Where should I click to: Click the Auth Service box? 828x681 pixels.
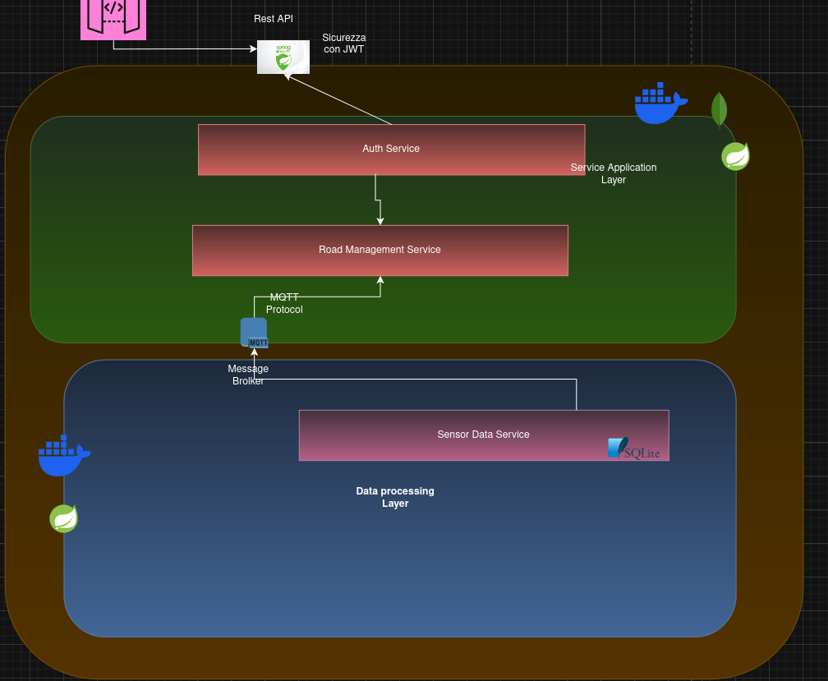(391, 150)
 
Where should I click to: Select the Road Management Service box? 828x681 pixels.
(379, 251)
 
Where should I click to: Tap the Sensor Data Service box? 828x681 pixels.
(483, 435)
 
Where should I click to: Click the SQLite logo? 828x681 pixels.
(632, 449)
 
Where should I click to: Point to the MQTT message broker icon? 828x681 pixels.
(254, 333)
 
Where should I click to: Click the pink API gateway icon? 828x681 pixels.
(113, 18)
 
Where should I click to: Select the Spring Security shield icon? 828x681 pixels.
(283, 58)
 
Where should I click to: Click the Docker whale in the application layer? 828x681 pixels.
(660, 104)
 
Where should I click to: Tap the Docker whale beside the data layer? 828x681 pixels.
(63, 456)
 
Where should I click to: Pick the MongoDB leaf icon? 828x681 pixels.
(719, 109)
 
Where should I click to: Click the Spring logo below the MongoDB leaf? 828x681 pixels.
(735, 156)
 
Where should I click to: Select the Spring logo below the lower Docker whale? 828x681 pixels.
(64, 518)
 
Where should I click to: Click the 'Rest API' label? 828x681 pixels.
(274, 19)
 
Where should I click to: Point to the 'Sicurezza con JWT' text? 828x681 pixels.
(344, 44)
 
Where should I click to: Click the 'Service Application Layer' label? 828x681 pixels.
(614, 173)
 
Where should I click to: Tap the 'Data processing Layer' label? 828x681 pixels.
(395, 497)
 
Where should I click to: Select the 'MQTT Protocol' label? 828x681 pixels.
(284, 303)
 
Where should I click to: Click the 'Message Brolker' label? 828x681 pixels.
(248, 375)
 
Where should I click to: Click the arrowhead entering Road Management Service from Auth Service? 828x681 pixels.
(379, 220)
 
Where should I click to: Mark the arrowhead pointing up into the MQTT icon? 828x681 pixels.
(255, 352)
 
